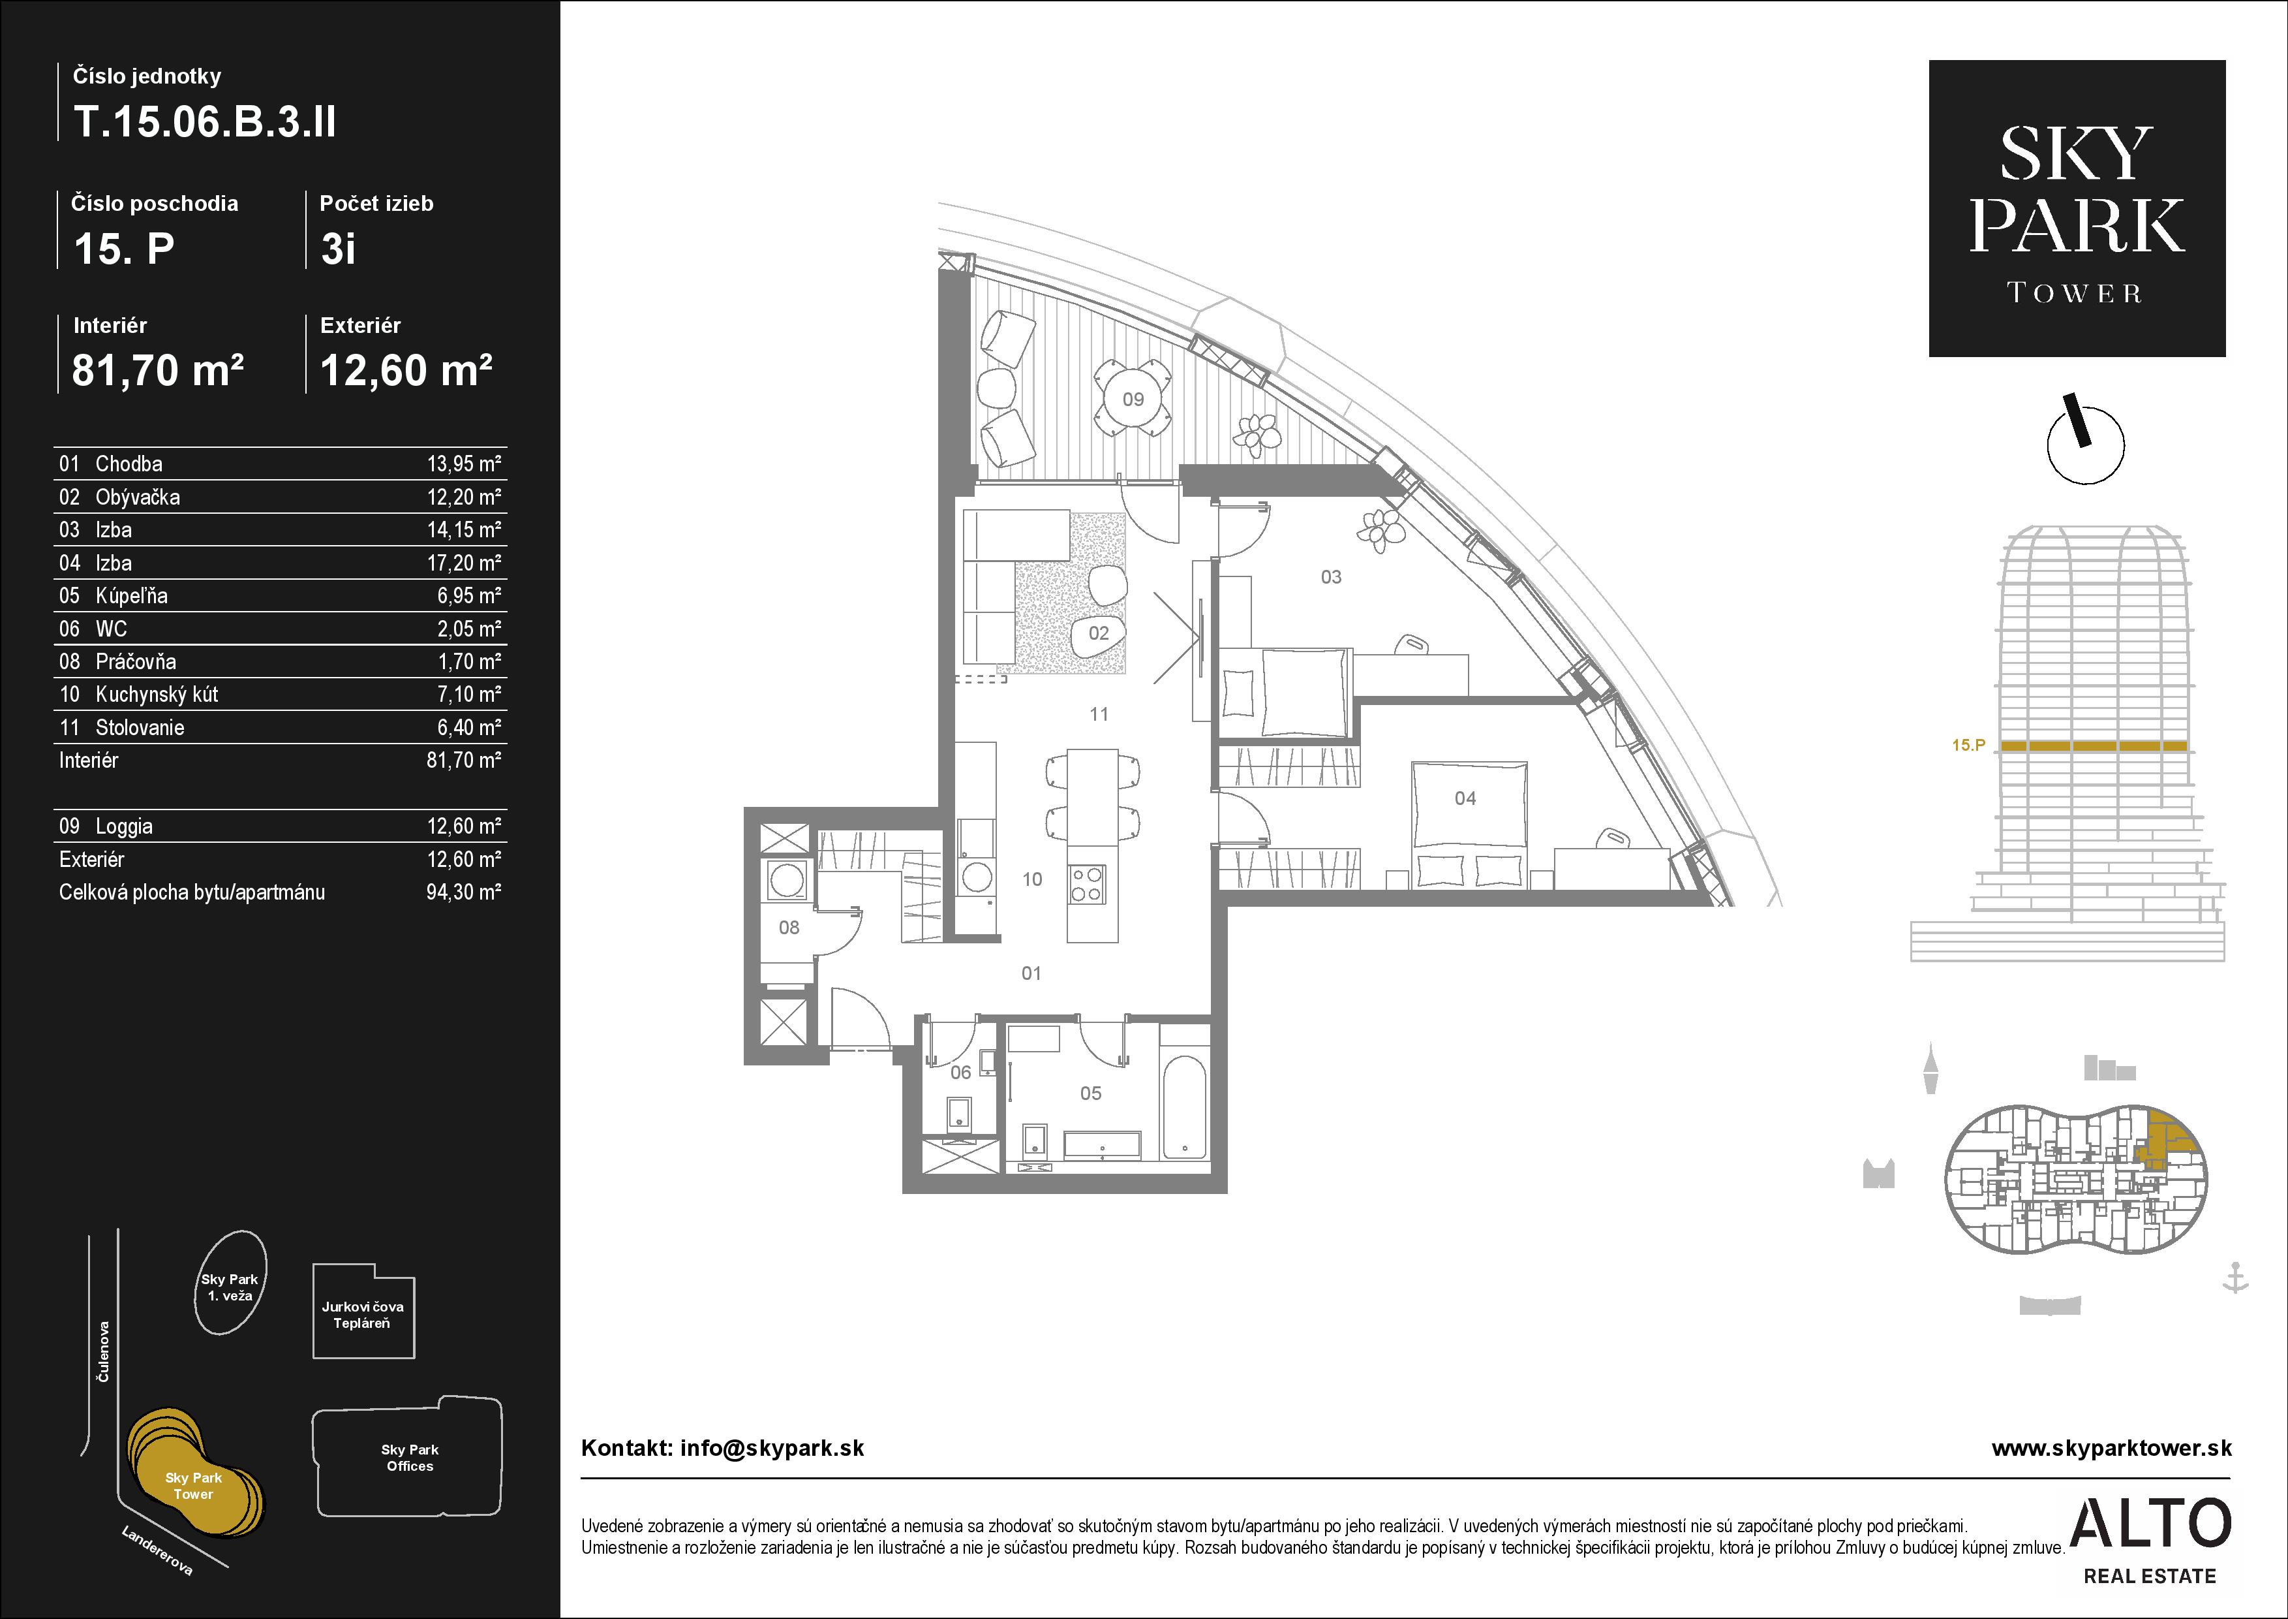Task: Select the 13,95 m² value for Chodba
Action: coord(463,464)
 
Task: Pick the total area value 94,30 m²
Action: coord(463,892)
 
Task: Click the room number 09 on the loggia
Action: coord(1133,400)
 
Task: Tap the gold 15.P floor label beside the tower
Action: coord(1968,745)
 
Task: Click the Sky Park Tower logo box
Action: coord(2077,208)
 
